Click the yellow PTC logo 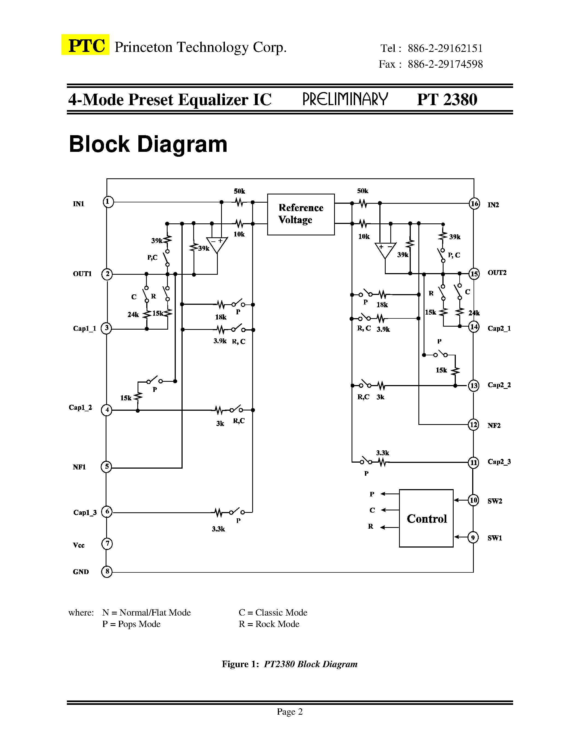click(85, 45)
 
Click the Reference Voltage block click(301, 214)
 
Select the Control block click(426, 518)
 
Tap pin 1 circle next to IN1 click(108, 202)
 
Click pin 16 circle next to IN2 click(474, 203)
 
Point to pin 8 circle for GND click(107, 572)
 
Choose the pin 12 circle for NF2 click(474, 425)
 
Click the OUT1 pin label click(82, 274)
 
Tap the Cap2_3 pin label click(499, 462)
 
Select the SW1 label click(495, 538)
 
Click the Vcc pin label click(79, 545)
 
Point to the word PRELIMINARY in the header click(345, 99)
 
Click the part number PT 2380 click(447, 100)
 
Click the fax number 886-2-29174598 click(445, 64)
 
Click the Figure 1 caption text click(289, 664)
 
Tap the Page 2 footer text click(290, 711)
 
